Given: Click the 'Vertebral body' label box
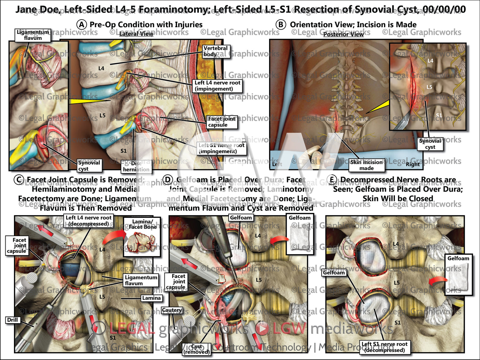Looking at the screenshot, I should [x=216, y=51].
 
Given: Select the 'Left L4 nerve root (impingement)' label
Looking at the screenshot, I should [x=217, y=86].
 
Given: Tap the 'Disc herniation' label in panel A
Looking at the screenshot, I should [x=136, y=166].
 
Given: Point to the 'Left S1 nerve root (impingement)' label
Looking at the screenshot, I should [x=221, y=148].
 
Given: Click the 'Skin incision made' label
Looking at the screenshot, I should [x=366, y=165].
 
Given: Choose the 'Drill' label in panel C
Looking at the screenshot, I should [x=13, y=320].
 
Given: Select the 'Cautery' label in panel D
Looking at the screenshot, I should [x=172, y=310].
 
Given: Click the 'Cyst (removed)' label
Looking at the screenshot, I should [x=197, y=349].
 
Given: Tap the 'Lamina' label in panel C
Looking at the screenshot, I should [x=151, y=298].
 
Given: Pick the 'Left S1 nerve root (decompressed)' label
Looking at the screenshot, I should [x=384, y=347].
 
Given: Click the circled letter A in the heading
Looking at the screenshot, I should [x=81, y=25].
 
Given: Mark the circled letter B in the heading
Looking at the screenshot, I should [x=281, y=25].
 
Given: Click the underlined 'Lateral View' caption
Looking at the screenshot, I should [x=136, y=34].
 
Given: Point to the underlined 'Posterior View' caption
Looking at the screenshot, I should [x=343, y=34].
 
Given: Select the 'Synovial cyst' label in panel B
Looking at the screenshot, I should [x=430, y=144].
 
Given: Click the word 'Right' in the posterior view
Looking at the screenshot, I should [x=413, y=164].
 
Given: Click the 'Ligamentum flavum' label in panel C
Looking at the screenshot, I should [x=141, y=280].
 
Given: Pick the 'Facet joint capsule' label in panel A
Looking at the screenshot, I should [x=222, y=122].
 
